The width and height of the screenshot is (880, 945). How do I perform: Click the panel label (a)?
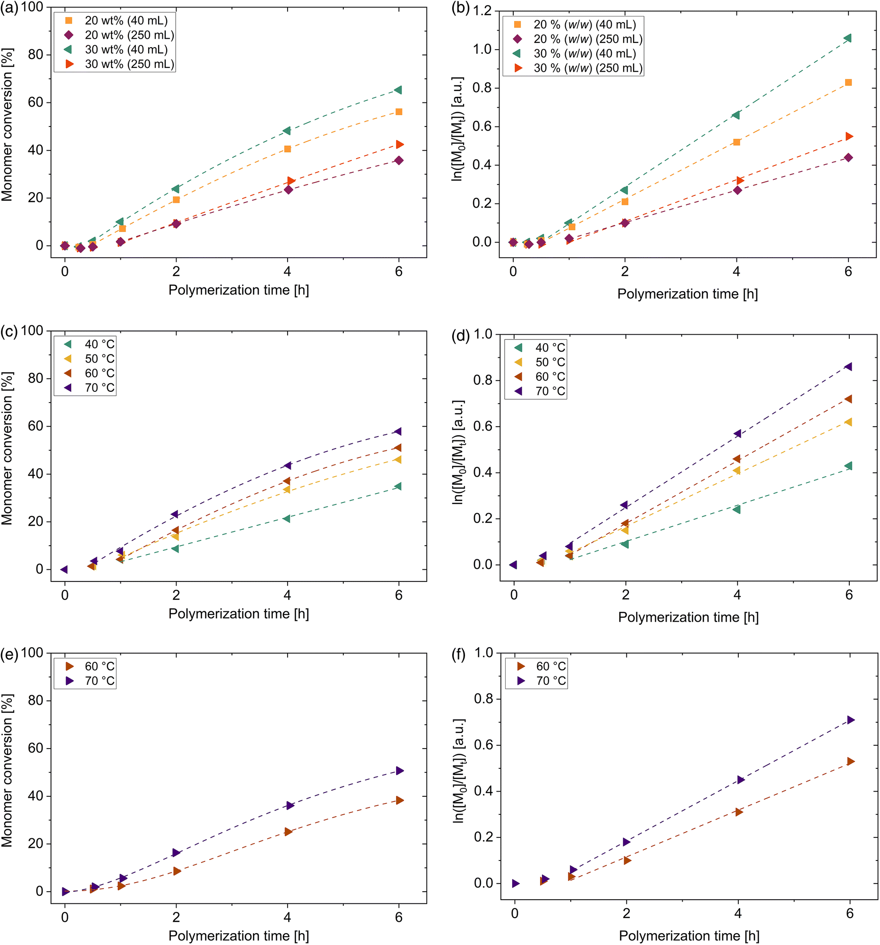(x=8, y=8)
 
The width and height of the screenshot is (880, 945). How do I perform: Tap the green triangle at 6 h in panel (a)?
(x=398, y=90)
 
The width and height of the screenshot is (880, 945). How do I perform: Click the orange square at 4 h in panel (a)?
(x=287, y=149)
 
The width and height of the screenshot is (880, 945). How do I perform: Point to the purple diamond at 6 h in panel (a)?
(x=398, y=160)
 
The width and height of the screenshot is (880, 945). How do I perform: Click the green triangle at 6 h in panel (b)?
(x=847, y=38)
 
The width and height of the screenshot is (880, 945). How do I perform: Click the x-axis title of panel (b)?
(x=687, y=294)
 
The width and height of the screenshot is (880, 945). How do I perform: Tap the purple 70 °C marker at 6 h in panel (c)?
(x=398, y=431)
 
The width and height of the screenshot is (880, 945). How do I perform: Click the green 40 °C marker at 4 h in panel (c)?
(x=287, y=518)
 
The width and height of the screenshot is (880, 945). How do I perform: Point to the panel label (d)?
(x=460, y=336)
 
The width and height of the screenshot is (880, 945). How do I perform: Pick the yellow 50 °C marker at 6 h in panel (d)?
(x=848, y=422)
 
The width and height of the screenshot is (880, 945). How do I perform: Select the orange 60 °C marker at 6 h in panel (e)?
(x=399, y=801)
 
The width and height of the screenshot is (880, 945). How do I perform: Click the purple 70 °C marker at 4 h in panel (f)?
(x=740, y=780)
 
